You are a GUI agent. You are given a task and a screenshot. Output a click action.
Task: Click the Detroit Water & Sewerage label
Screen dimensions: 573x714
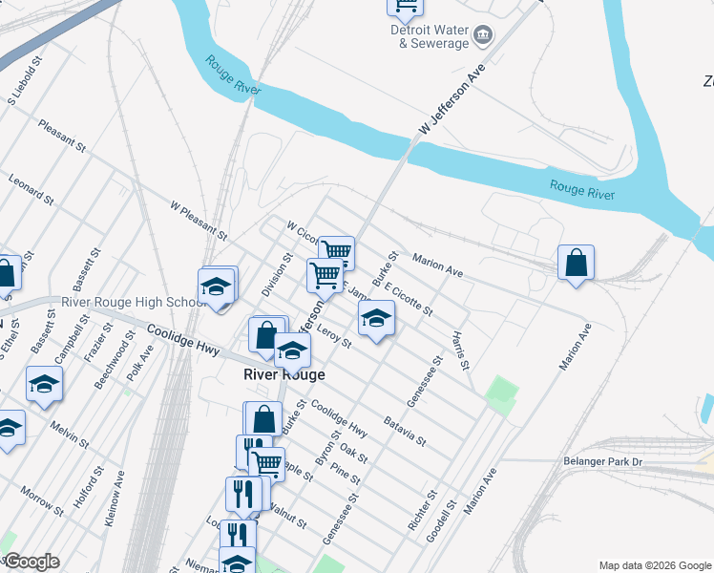429,36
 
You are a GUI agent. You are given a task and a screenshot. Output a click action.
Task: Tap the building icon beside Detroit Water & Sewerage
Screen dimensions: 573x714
483,36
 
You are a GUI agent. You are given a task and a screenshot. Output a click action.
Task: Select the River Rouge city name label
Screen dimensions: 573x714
283,375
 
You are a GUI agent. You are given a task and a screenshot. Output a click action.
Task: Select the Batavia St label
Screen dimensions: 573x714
404,429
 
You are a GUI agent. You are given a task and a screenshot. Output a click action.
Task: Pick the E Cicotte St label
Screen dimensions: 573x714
408,298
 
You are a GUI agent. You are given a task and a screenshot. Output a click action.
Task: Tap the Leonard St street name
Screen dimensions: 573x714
31,189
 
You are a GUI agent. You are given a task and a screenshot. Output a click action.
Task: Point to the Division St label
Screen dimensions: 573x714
282,274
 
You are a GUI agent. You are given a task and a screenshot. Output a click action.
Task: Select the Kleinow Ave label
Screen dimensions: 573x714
115,493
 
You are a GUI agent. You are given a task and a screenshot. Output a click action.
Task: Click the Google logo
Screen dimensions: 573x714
31,562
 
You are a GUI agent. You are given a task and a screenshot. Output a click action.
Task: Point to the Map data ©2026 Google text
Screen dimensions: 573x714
654,564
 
